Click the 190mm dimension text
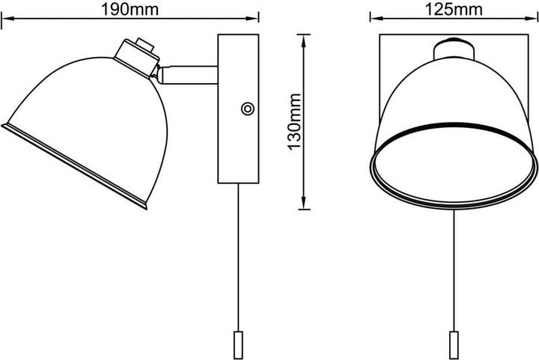(x=130, y=9)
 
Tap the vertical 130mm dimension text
(x=295, y=121)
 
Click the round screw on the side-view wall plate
(x=246, y=109)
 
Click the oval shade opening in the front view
(x=454, y=170)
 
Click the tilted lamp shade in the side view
(x=82, y=120)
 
